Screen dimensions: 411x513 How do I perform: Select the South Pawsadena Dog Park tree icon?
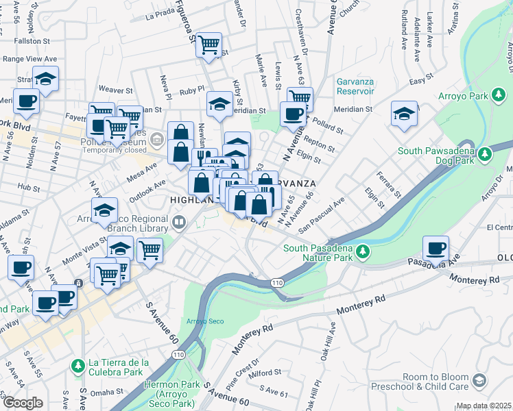485,154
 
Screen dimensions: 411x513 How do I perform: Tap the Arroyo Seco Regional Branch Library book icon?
179,221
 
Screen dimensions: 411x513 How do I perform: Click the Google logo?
22,403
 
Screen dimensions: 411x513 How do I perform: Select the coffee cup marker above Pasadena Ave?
436,249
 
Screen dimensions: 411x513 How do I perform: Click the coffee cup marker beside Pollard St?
293,114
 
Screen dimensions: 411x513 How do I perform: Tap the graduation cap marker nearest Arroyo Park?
404,114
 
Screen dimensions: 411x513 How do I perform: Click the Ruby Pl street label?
192,89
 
